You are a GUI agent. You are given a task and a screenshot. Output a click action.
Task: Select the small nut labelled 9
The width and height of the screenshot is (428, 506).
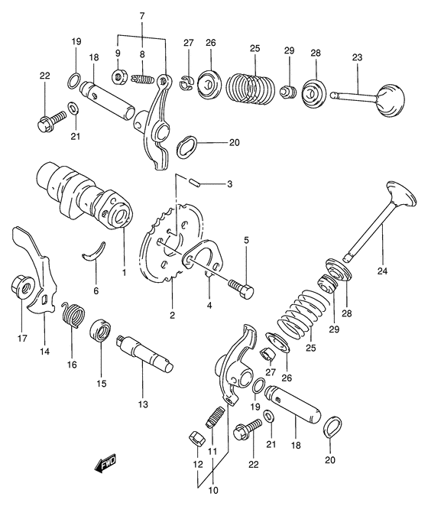(x=119, y=76)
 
